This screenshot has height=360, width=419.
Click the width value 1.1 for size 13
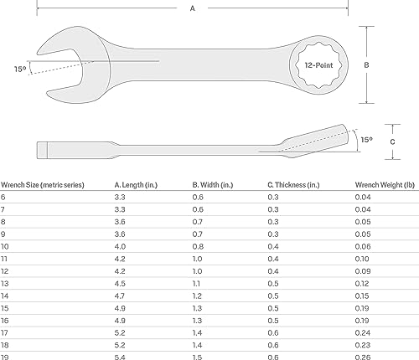pos(197,284)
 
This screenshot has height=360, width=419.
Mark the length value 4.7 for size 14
pos(120,296)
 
